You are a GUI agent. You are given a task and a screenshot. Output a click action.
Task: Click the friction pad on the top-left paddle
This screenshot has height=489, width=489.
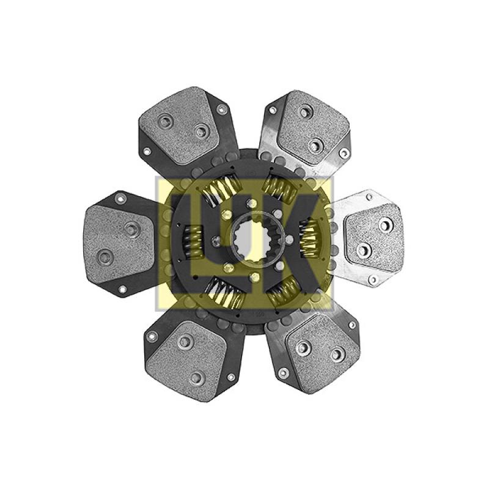pyautogui.click(x=178, y=125)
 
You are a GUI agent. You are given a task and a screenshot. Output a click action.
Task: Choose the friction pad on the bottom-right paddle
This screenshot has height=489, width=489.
pyautogui.click(x=323, y=353)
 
